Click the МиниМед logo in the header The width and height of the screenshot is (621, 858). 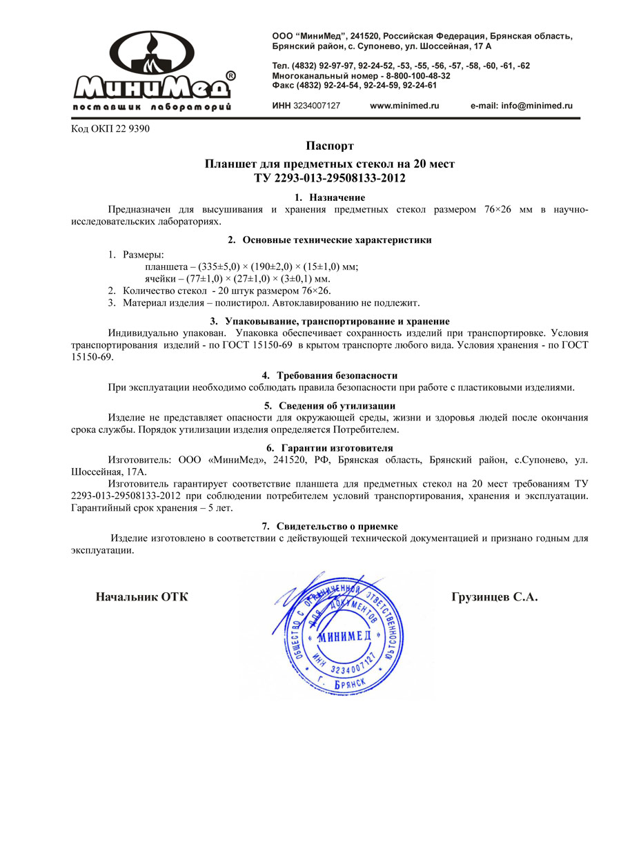(153, 71)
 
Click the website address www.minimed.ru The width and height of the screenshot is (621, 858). (404, 106)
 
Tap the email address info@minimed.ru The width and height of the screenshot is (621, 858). (522, 106)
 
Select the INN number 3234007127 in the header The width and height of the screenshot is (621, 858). (317, 106)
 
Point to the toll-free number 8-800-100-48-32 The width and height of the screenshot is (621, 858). (413, 75)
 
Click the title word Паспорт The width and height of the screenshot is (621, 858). (330, 146)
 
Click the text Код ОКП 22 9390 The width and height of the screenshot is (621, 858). (110, 128)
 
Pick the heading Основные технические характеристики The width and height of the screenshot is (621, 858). (337, 240)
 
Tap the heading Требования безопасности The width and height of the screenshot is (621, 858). (337, 376)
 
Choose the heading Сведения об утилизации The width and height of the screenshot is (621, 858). (337, 406)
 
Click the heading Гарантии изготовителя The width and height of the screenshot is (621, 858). (337, 448)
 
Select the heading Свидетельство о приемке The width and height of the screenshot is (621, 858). (337, 526)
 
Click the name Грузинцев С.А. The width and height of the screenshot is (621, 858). (494, 597)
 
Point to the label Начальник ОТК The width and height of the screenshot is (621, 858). (141, 597)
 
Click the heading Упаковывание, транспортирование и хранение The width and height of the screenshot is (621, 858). (337, 322)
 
